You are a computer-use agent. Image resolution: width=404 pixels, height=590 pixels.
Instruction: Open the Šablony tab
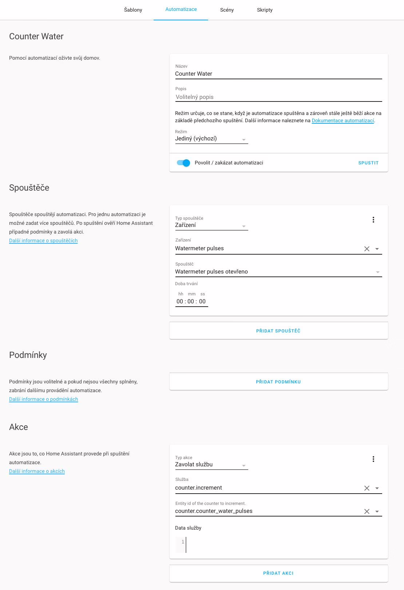pos(133,10)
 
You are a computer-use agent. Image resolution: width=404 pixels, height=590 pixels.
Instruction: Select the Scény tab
pos(227,10)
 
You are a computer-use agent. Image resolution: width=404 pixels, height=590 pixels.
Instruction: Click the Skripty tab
pos(265,10)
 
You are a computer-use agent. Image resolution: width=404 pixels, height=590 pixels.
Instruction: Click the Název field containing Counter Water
pos(278,74)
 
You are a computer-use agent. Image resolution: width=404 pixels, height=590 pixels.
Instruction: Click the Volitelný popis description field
pos(278,97)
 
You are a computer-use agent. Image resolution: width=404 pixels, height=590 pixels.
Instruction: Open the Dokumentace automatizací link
pos(342,121)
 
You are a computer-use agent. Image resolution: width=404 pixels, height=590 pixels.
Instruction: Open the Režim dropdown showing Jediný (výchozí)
pos(211,139)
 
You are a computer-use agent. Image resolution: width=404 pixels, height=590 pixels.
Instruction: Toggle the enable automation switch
pos(183,163)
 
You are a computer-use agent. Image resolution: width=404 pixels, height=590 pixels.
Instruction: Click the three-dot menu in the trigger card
pos(373,220)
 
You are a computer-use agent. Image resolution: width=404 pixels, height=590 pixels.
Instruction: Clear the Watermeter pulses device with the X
pos(367,249)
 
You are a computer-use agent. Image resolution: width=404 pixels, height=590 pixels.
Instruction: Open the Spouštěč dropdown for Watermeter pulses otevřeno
pos(377,272)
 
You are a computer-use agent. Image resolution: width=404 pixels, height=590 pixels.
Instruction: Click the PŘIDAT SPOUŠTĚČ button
pos(278,331)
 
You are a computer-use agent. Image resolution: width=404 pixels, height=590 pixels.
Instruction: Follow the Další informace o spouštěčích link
pos(43,240)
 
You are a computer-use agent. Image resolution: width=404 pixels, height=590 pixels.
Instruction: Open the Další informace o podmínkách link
pos(43,399)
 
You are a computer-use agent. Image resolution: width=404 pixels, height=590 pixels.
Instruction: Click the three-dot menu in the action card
pos(373,459)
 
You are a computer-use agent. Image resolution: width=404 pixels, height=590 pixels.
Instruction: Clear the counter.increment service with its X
pos(367,488)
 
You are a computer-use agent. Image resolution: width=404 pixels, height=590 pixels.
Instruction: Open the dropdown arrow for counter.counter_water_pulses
pos(377,511)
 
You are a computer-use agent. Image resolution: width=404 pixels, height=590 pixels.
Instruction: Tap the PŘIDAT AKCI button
pos(278,573)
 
